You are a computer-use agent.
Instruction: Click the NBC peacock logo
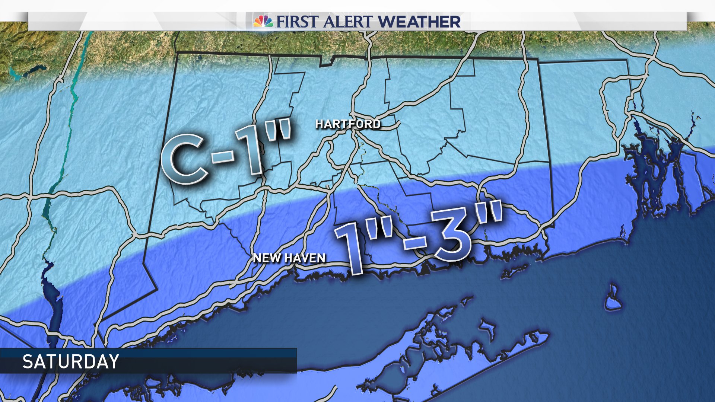pyautogui.click(x=263, y=21)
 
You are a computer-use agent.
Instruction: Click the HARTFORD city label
pyautogui.click(x=348, y=124)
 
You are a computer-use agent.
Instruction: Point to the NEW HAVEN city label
pyautogui.click(x=289, y=258)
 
